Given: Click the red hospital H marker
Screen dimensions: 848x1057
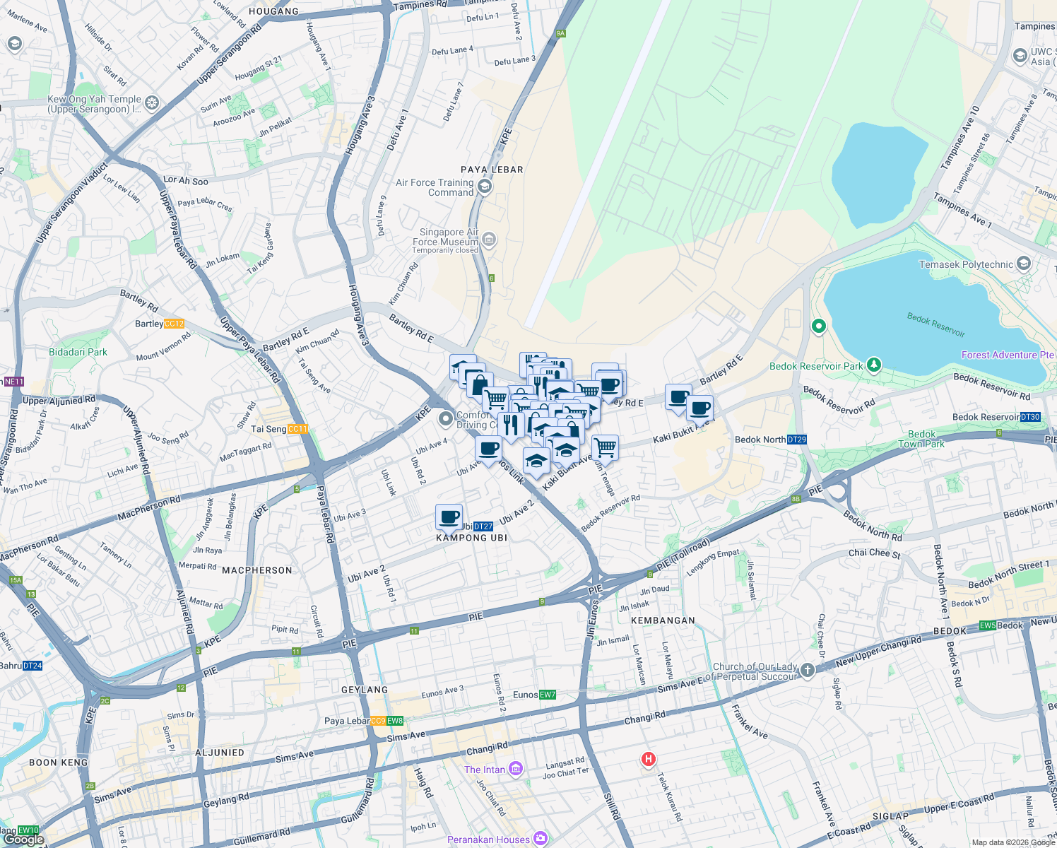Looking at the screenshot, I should [648, 759].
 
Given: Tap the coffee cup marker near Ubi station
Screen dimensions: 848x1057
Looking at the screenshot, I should [449, 517].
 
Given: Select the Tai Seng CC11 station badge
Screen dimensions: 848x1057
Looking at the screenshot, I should [297, 429].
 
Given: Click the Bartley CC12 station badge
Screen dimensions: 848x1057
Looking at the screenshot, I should [174, 324].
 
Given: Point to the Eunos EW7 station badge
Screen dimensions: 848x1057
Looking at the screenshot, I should [548, 695].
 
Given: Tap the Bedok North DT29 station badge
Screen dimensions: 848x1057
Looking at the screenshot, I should [796, 440].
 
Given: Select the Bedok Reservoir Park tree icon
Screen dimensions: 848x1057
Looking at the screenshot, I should [875, 365].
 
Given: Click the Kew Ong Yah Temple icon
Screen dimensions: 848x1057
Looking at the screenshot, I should [152, 103].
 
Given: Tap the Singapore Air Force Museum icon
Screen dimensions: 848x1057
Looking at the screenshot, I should [489, 240].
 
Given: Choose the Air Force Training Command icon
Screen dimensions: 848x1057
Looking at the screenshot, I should [484, 187].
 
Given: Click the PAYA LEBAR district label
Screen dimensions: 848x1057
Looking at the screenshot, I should [492, 170].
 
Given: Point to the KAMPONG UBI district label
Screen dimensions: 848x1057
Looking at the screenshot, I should [471, 538].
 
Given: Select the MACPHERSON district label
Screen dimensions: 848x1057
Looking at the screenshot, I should [256, 570].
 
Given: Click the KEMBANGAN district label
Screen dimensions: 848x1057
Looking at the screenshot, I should [662, 620].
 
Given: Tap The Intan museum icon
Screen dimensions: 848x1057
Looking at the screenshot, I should [516, 769].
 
